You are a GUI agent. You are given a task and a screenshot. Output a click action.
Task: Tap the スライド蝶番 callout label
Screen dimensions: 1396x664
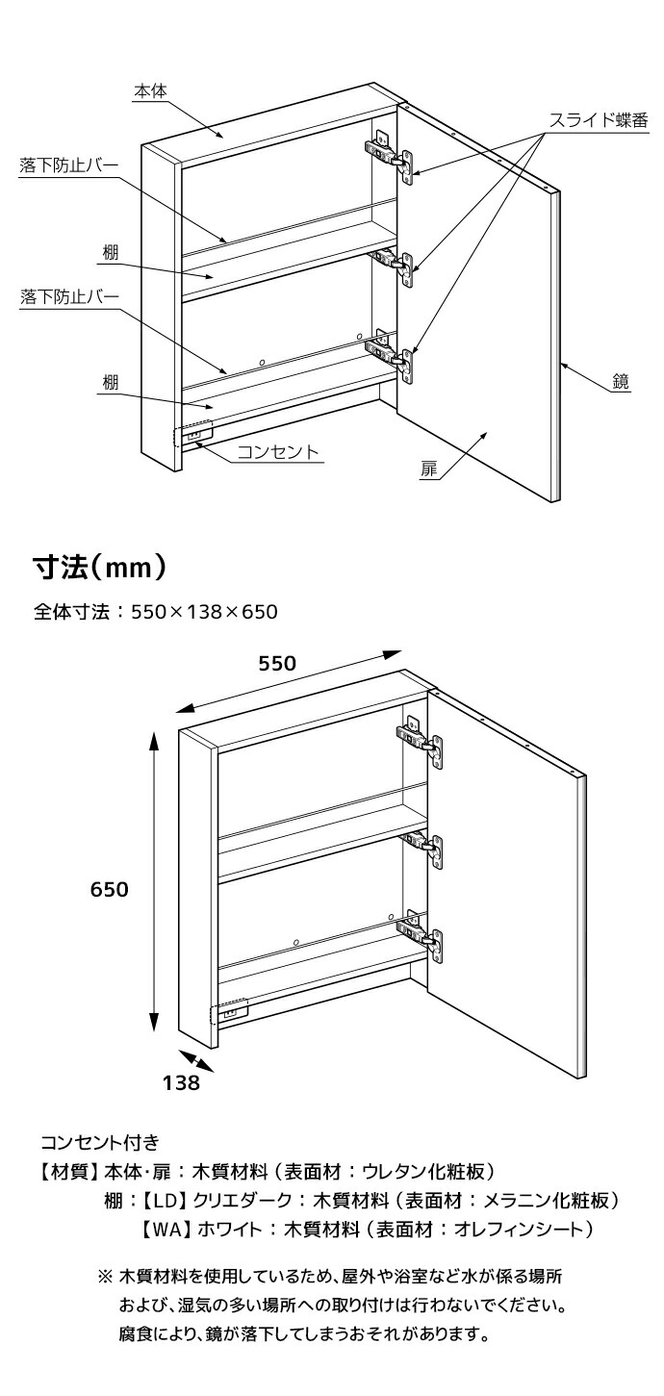click(x=597, y=120)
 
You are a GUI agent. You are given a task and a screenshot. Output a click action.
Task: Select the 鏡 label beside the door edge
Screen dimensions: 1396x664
click(x=621, y=382)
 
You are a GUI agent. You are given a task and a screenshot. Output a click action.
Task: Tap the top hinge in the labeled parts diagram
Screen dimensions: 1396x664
click(x=390, y=152)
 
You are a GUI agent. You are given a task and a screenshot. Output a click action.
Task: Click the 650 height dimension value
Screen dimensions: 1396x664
click(x=109, y=890)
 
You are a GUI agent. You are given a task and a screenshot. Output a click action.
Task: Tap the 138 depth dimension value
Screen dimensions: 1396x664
click(x=181, y=1082)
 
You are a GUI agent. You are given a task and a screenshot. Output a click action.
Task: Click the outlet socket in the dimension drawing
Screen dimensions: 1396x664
click(x=231, y=1012)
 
